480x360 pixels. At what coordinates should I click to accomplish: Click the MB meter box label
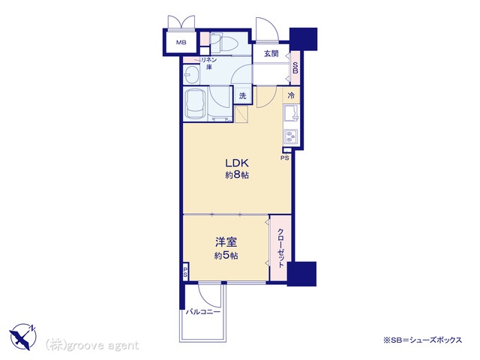pos(181,43)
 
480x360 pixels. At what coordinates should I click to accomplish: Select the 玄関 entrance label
pos(271,54)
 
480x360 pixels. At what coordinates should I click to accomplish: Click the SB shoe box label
pos(295,67)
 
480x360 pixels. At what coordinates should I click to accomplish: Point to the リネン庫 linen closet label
pos(209,63)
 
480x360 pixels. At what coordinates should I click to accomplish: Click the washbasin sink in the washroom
pos(192,74)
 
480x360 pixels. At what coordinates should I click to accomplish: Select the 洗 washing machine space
pos(242,96)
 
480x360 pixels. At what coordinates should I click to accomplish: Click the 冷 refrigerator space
pos(291,95)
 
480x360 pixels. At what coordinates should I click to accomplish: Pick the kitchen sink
pos(291,113)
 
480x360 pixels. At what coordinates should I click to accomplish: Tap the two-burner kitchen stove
pos(290,136)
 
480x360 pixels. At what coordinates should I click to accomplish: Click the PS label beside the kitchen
pos(285,158)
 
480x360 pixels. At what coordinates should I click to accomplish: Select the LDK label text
pos(236,163)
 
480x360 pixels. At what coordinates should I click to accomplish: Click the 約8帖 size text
pos(237,175)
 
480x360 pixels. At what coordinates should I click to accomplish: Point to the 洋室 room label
pos(226,242)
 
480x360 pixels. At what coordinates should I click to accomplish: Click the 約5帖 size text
pos(226,255)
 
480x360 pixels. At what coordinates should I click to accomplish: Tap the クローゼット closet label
pos(280,247)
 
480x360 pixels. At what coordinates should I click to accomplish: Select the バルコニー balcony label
pos(203,312)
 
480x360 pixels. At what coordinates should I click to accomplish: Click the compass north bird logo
pos(23,336)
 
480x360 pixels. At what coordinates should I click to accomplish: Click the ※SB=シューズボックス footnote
pos(422,340)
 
